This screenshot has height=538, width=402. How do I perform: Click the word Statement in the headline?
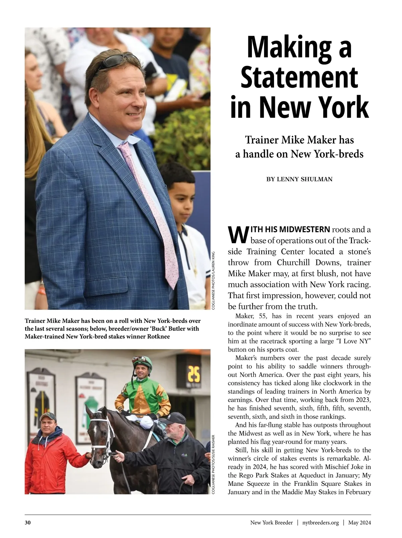(299, 78)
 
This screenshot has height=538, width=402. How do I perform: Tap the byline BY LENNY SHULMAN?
(299, 180)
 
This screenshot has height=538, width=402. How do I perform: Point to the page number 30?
(28, 523)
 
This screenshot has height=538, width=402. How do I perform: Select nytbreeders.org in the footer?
(320, 523)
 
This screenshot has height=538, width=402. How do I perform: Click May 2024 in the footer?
(359, 523)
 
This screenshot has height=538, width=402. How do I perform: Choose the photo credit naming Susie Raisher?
(213, 464)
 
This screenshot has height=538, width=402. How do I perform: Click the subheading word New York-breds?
(327, 154)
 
